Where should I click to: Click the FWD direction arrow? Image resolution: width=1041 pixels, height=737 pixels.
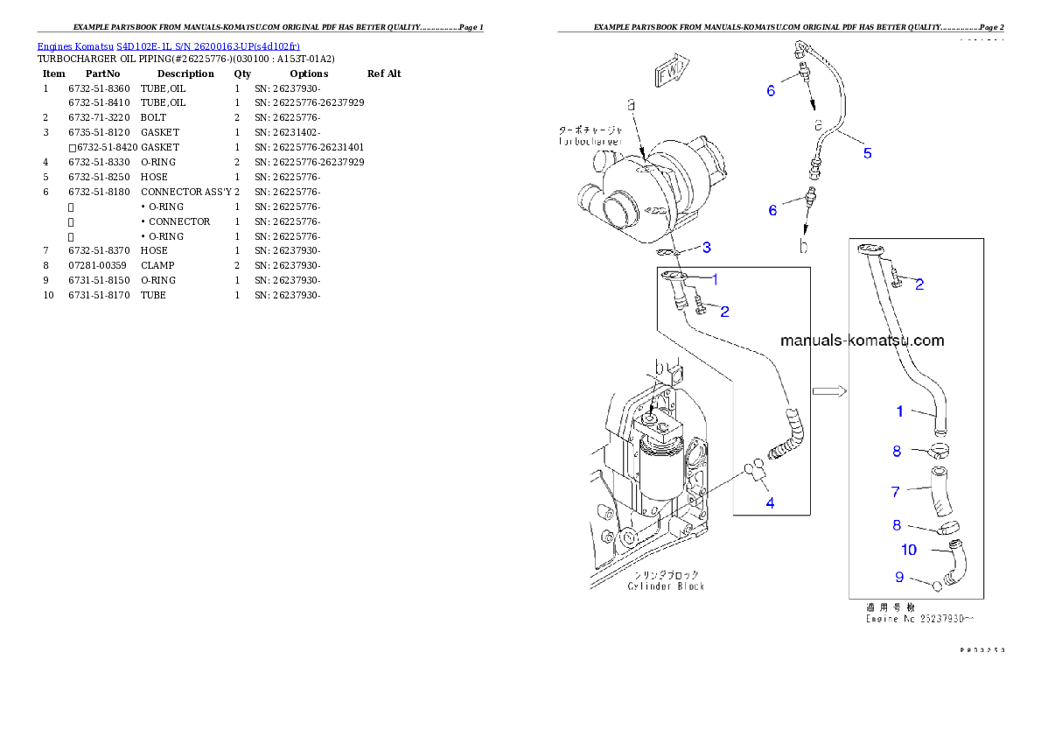click(x=672, y=72)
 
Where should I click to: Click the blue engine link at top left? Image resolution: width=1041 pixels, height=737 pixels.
click(x=168, y=46)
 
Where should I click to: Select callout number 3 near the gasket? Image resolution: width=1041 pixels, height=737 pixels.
click(x=707, y=247)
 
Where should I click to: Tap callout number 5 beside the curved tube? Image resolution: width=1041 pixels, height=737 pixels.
click(x=867, y=153)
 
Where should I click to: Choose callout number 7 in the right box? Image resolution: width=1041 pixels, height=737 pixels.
click(x=895, y=492)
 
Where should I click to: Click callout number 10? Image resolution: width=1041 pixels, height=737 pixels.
click(x=909, y=550)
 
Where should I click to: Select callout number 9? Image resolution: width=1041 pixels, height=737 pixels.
click(x=898, y=577)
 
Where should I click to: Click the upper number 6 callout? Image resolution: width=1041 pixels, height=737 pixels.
click(x=771, y=90)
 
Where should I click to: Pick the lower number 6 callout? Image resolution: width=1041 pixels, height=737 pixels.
click(x=772, y=210)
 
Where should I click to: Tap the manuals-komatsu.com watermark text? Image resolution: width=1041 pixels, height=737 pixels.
click(x=862, y=340)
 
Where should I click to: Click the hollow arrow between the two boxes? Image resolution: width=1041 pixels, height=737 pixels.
click(x=828, y=391)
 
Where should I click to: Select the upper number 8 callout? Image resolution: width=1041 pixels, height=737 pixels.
click(x=896, y=452)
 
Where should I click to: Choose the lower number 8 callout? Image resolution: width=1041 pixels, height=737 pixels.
click(x=896, y=525)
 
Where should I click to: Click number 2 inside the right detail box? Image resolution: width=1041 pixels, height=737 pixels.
click(x=919, y=284)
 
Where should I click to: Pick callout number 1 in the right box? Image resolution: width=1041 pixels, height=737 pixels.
click(x=899, y=411)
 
